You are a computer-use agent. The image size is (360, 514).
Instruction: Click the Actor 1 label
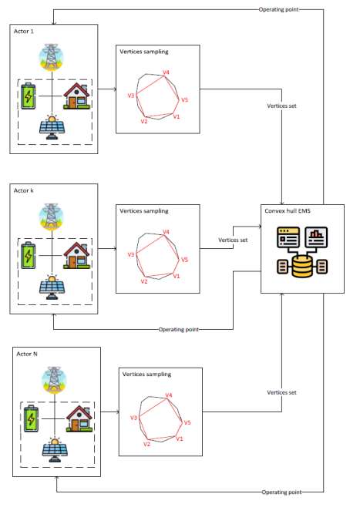coord(24,32)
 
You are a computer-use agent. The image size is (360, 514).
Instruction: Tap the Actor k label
coord(24,190)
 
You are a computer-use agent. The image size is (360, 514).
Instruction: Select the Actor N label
coord(27,354)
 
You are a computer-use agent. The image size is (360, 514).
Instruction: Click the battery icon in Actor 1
coord(29,96)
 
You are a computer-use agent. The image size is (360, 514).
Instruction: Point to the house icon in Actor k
coord(77,255)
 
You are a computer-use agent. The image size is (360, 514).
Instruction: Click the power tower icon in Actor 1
coord(52,57)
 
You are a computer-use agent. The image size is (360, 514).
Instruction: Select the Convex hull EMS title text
coord(288,211)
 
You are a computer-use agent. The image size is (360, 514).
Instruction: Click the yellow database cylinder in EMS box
coord(302,267)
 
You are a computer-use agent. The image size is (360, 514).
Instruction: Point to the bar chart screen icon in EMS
coord(316,237)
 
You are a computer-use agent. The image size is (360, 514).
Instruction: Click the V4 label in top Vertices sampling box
coord(167,72)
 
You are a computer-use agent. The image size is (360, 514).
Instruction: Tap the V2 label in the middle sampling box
coord(144,281)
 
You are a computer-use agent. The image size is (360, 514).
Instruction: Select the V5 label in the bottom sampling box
coord(187,422)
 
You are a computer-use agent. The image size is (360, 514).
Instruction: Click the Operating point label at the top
coord(279,9)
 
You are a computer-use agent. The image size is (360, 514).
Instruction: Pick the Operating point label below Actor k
coord(179,330)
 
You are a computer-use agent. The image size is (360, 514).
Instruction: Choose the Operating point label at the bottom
coord(281,492)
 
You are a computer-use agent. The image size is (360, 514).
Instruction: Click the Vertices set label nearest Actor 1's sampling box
coord(281,106)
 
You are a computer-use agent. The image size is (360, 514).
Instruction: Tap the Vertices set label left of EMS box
coord(233,240)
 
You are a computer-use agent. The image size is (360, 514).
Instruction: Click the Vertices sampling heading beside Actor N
coord(146,374)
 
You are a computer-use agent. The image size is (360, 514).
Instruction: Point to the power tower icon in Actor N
coord(55,380)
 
